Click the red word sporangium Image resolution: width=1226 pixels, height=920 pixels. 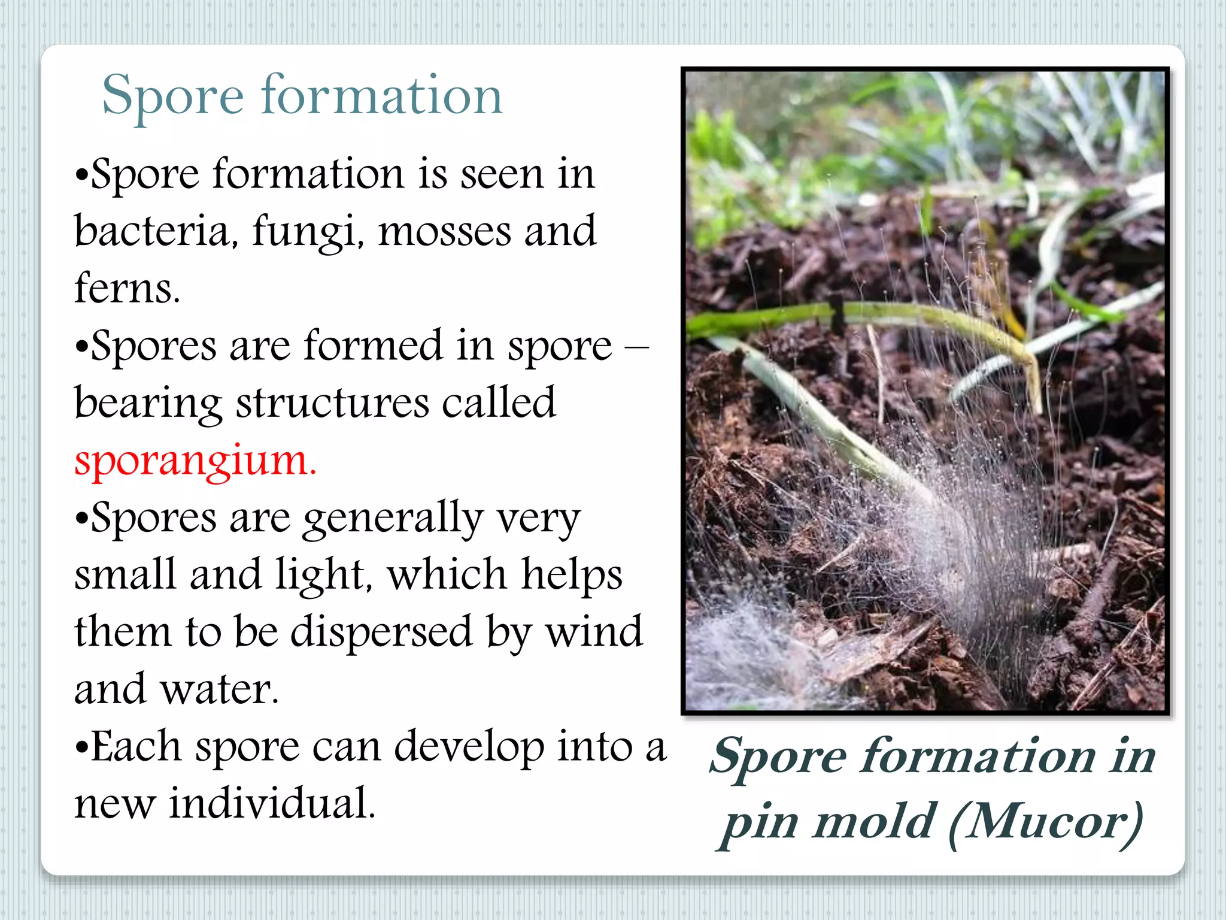coord(195,461)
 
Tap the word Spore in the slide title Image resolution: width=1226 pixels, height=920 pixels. coord(172,96)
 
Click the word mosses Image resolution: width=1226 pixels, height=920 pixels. coord(444,231)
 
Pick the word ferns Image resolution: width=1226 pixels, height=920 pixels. coord(127,289)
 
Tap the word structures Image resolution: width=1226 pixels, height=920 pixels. coord(332,404)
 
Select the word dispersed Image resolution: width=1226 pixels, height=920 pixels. coord(381,632)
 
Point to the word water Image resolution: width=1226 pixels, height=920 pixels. coord(220,689)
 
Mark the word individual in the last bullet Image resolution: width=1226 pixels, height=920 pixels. coord(272,804)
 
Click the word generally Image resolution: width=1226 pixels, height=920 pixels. coord(392,519)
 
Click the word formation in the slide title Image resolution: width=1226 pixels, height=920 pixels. coord(381,96)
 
